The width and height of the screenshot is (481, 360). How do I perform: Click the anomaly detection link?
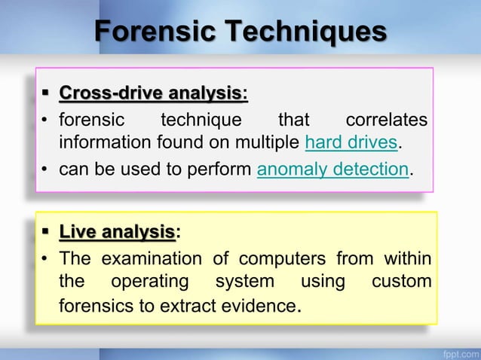point(332,169)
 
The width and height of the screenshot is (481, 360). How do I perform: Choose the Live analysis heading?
point(117,233)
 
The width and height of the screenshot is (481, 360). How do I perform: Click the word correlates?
point(385,120)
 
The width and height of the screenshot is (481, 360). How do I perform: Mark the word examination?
point(151,260)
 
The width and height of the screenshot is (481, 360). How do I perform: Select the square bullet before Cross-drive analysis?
point(47,94)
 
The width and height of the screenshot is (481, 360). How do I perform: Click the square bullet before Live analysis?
point(47,233)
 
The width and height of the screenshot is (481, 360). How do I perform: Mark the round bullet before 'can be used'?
point(45,169)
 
